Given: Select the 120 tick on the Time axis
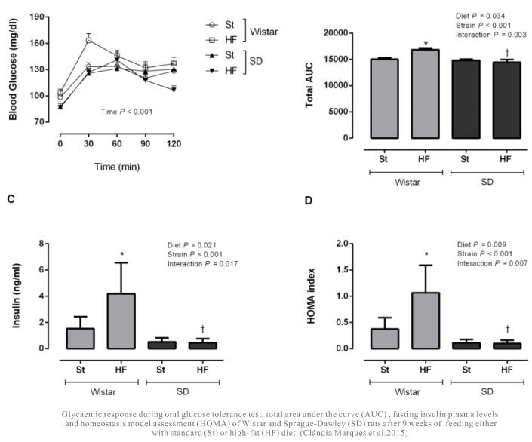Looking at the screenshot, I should [174, 142].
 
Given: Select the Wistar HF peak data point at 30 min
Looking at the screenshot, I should [89, 40].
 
